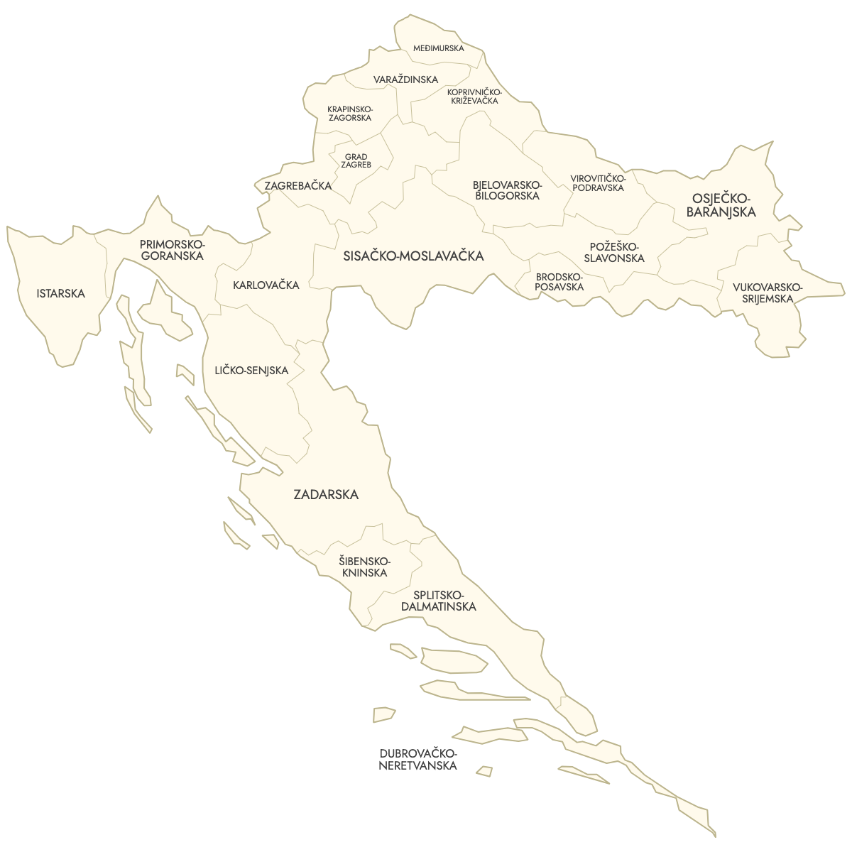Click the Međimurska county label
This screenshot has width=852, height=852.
click(439, 48)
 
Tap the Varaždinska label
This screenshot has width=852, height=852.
click(405, 80)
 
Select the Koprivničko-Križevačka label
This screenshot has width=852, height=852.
click(474, 97)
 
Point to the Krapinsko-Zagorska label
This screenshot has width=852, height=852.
click(349, 114)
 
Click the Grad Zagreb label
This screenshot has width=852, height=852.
click(356, 160)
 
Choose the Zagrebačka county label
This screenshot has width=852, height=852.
click(297, 186)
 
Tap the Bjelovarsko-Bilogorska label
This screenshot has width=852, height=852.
click(507, 190)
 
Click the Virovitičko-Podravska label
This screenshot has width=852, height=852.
click(598, 182)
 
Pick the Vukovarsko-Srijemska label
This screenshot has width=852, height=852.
click(767, 293)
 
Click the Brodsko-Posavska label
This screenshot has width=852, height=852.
click(559, 282)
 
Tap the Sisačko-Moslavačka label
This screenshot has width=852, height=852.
click(413, 256)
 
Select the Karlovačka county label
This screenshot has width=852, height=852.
click(266, 285)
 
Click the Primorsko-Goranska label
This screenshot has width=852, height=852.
click(172, 249)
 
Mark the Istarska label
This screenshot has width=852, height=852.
click(61, 293)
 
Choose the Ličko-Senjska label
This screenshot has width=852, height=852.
click(251, 371)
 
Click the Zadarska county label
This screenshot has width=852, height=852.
click(326, 495)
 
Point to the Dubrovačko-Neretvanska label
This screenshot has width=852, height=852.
click(417, 760)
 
